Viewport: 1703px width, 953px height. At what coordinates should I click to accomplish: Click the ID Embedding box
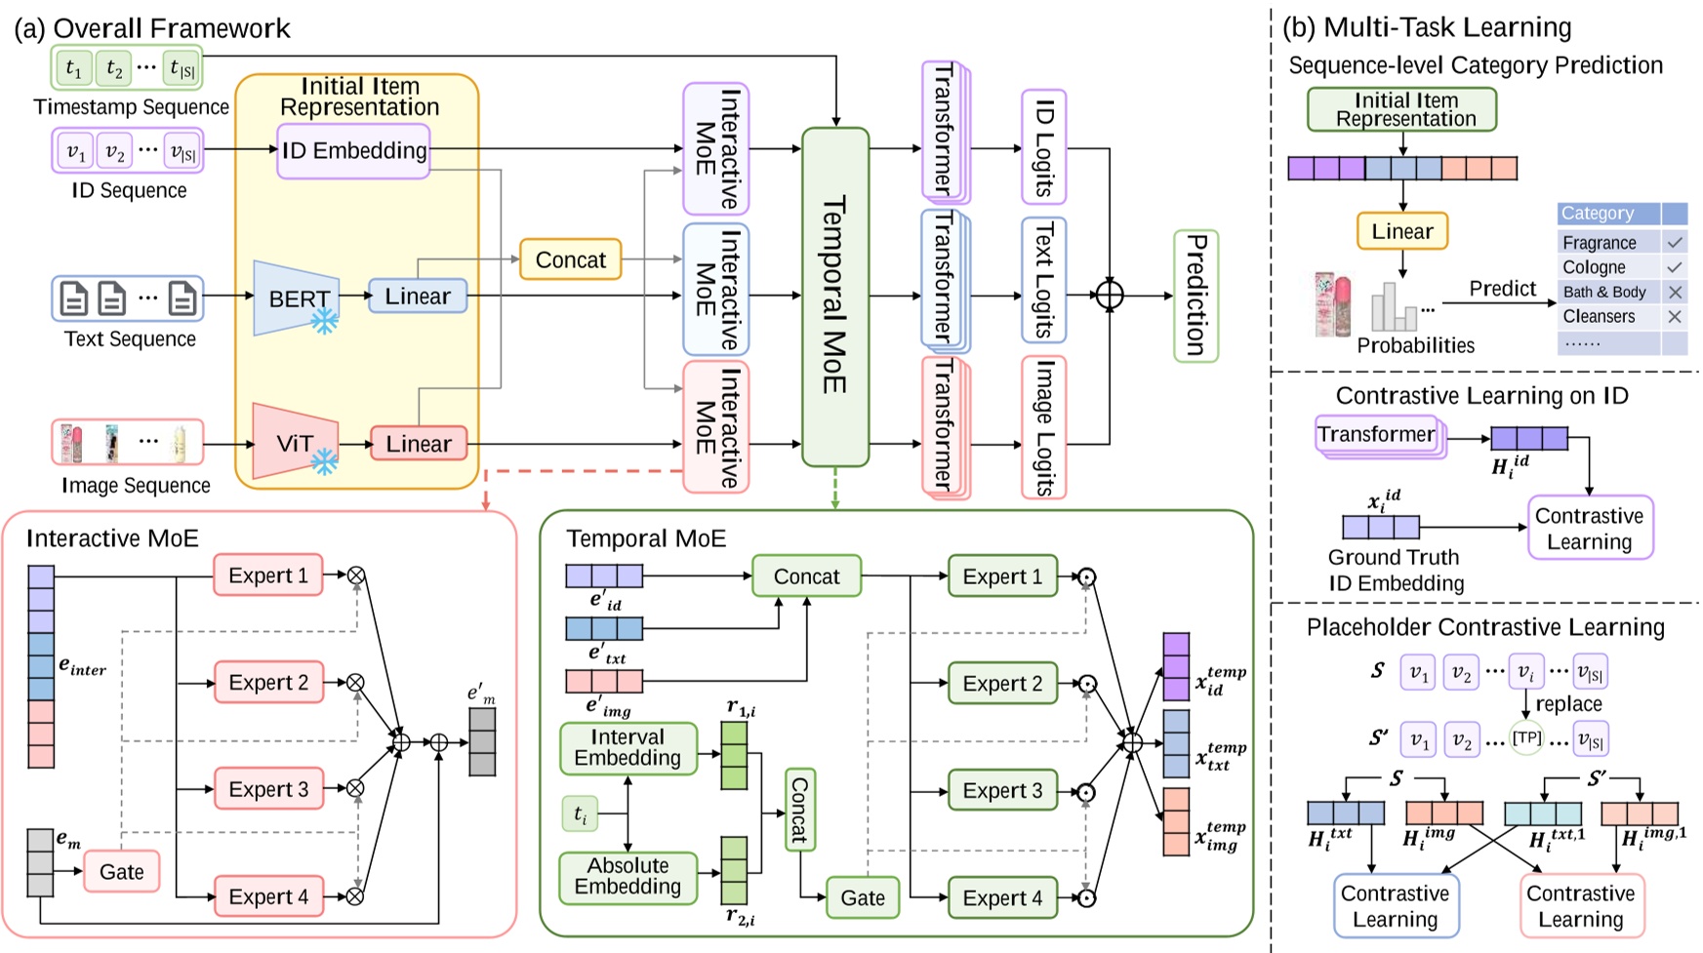point(353,150)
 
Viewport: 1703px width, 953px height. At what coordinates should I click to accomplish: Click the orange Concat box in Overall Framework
point(570,260)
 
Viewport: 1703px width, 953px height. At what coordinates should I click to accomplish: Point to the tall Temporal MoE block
point(834,296)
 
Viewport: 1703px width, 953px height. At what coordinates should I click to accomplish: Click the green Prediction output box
point(1196,296)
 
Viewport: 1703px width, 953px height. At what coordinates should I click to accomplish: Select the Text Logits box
point(1043,281)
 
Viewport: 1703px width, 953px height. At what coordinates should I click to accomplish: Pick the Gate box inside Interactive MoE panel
point(121,871)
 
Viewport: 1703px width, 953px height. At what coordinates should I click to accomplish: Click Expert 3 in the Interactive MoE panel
point(267,788)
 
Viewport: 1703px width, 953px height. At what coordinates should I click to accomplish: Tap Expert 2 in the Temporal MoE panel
point(1001,683)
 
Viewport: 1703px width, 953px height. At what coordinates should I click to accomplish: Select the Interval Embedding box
point(628,748)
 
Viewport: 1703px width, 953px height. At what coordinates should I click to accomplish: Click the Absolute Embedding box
point(628,876)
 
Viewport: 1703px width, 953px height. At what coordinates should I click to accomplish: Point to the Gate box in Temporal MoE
point(862,897)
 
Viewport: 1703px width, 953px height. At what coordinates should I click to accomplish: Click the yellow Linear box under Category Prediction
point(1401,231)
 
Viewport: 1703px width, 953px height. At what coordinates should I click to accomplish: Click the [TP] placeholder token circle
point(1526,737)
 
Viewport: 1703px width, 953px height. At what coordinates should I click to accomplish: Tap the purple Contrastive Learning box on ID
point(1589,528)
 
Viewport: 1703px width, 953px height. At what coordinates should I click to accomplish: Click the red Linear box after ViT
point(418,444)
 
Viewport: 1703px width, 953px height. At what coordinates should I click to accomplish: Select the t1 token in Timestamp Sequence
point(73,68)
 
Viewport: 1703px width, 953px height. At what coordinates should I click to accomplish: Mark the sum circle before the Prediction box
point(1110,296)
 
